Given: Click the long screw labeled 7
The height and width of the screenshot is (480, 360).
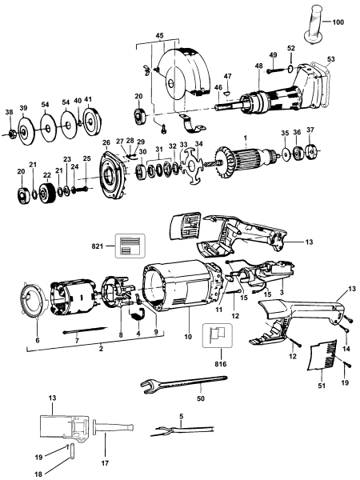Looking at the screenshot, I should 81,330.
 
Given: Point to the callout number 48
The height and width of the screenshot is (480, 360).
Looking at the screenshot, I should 259,66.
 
